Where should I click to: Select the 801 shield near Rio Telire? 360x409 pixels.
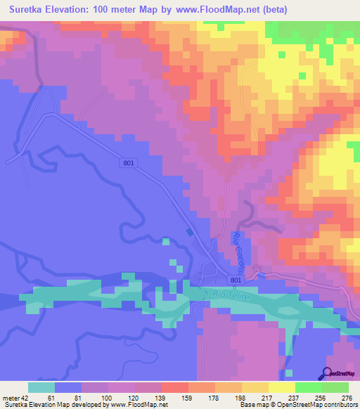pos(236,280)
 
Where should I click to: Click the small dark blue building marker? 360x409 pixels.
pos(188,233)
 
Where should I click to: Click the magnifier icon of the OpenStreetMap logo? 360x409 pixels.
pos(327,373)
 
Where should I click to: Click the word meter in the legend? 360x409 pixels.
pos(10,398)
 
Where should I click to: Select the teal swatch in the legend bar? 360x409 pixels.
pos(41,387)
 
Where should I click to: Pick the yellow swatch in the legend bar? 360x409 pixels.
pos(282,387)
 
